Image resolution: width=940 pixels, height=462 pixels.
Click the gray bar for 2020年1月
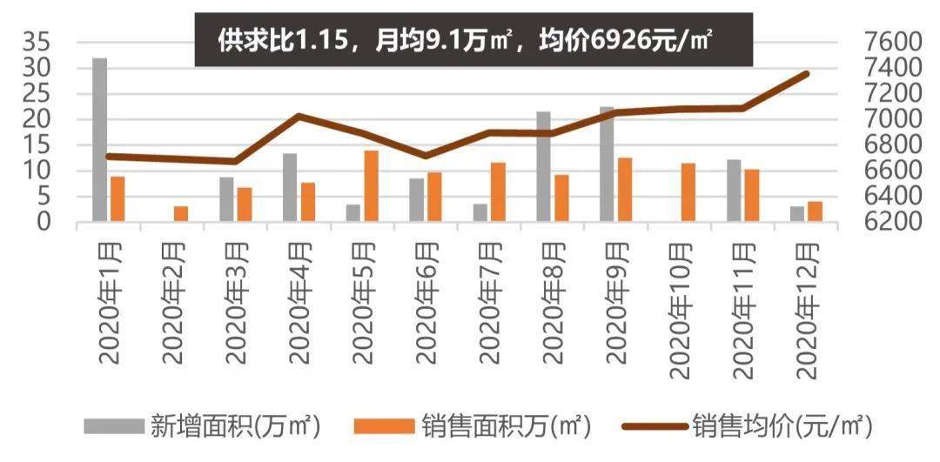click(100, 140)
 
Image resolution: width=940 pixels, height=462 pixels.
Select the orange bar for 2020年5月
click(371, 186)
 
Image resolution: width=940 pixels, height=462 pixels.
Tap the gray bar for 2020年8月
click(543, 166)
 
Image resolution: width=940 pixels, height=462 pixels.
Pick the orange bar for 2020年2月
click(180, 214)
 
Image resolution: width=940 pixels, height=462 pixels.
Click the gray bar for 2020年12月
click(797, 214)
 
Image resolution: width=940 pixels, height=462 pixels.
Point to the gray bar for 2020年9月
click(607, 164)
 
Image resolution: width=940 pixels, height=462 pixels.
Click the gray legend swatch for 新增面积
click(113, 426)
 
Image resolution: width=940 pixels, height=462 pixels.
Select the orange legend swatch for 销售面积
click(385, 426)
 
